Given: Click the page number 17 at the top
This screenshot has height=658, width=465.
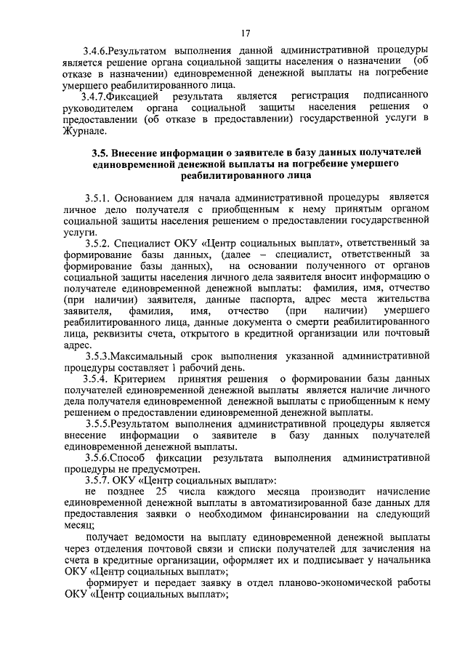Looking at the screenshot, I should pos(245,33).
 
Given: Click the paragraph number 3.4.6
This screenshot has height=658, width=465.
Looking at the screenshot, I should pos(97,50).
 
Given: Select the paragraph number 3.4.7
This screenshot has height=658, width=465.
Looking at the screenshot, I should pos(99,96).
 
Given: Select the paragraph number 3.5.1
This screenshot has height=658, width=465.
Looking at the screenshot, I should pos(101,198).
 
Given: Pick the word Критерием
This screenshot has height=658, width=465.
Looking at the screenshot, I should pos(153,380).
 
